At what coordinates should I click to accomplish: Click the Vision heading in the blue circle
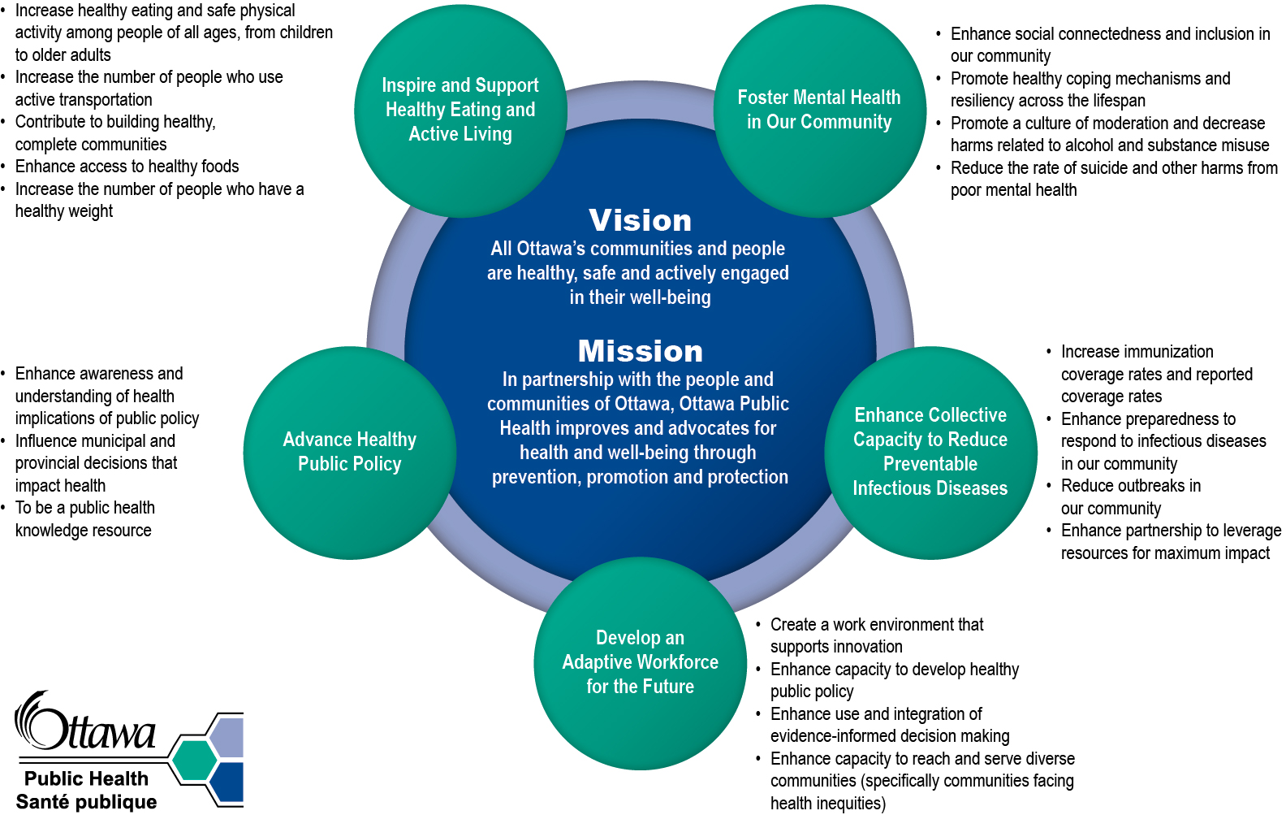pyautogui.click(x=640, y=221)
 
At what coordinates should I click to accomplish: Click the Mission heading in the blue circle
pyautogui.click(x=640, y=352)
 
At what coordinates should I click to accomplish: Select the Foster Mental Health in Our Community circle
pyautogui.click(x=819, y=111)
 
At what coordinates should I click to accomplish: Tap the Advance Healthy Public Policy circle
pyautogui.click(x=349, y=453)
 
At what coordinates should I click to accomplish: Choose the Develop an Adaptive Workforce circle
pyautogui.click(x=640, y=663)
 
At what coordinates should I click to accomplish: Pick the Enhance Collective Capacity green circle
pyautogui.click(x=930, y=453)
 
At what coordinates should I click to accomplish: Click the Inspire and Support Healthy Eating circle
pyautogui.click(x=460, y=111)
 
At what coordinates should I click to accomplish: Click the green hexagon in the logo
pyautogui.click(x=194, y=761)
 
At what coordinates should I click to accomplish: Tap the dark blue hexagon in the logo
pyautogui.click(x=229, y=781)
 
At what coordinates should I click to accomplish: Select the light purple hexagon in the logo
pyautogui.click(x=229, y=738)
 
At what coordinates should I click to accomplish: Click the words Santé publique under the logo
pyautogui.click(x=86, y=802)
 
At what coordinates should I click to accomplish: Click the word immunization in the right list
pyautogui.click(x=1170, y=352)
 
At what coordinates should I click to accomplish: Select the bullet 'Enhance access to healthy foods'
pyautogui.click(x=127, y=167)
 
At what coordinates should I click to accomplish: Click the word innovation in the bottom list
pyautogui.click(x=870, y=647)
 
